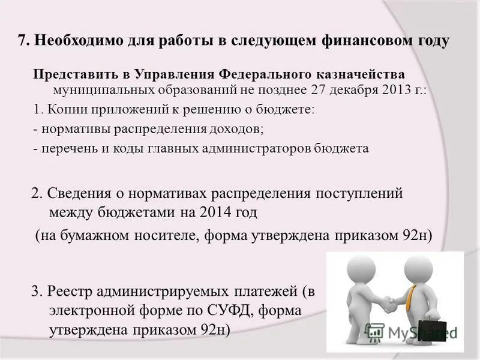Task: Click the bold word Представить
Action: point(70,74)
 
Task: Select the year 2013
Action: point(394,90)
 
